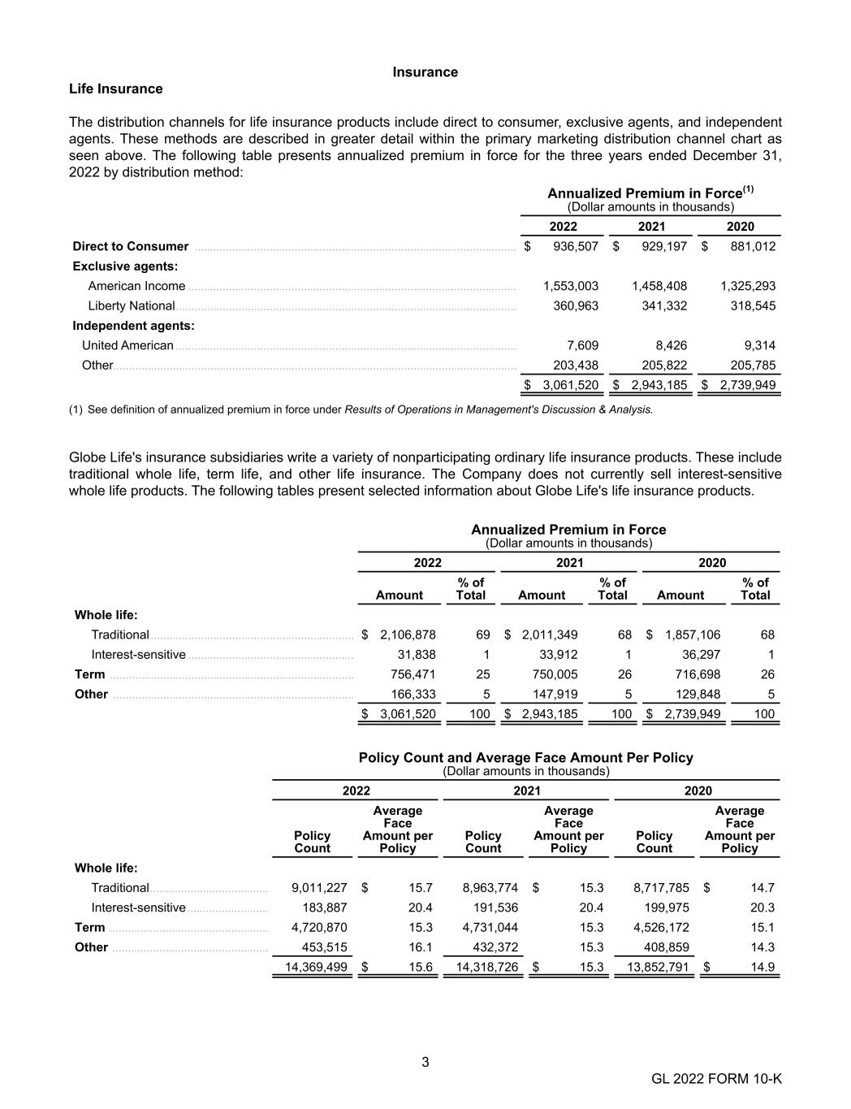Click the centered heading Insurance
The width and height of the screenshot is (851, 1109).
pyautogui.click(x=425, y=72)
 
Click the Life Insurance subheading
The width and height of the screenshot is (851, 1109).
pyautogui.click(x=115, y=89)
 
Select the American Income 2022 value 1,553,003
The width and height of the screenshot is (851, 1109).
pyautogui.click(x=570, y=286)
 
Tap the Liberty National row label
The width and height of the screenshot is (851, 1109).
pyautogui.click(x=132, y=305)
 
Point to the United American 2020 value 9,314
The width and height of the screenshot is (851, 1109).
pyautogui.click(x=759, y=345)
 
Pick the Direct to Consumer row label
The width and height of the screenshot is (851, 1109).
pyautogui.click(x=131, y=246)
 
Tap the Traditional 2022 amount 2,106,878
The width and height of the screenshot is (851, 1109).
pyautogui.click(x=408, y=635)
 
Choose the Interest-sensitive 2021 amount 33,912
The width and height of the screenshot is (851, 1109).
pyautogui.click(x=559, y=654)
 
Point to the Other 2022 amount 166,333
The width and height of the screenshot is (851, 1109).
pyautogui.click(x=413, y=694)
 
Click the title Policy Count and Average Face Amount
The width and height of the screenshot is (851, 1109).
pyautogui.click(x=525, y=757)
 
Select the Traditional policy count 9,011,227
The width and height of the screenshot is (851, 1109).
pyautogui.click(x=319, y=887)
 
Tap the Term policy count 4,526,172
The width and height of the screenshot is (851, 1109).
pyautogui.click(x=661, y=927)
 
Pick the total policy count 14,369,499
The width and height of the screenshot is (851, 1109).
pyautogui.click(x=316, y=967)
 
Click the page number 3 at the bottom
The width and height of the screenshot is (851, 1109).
pyautogui.click(x=425, y=1062)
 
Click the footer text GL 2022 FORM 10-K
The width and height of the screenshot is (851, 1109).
pyautogui.click(x=716, y=1079)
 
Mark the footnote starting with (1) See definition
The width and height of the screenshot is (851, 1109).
pyautogui.click(x=361, y=409)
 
